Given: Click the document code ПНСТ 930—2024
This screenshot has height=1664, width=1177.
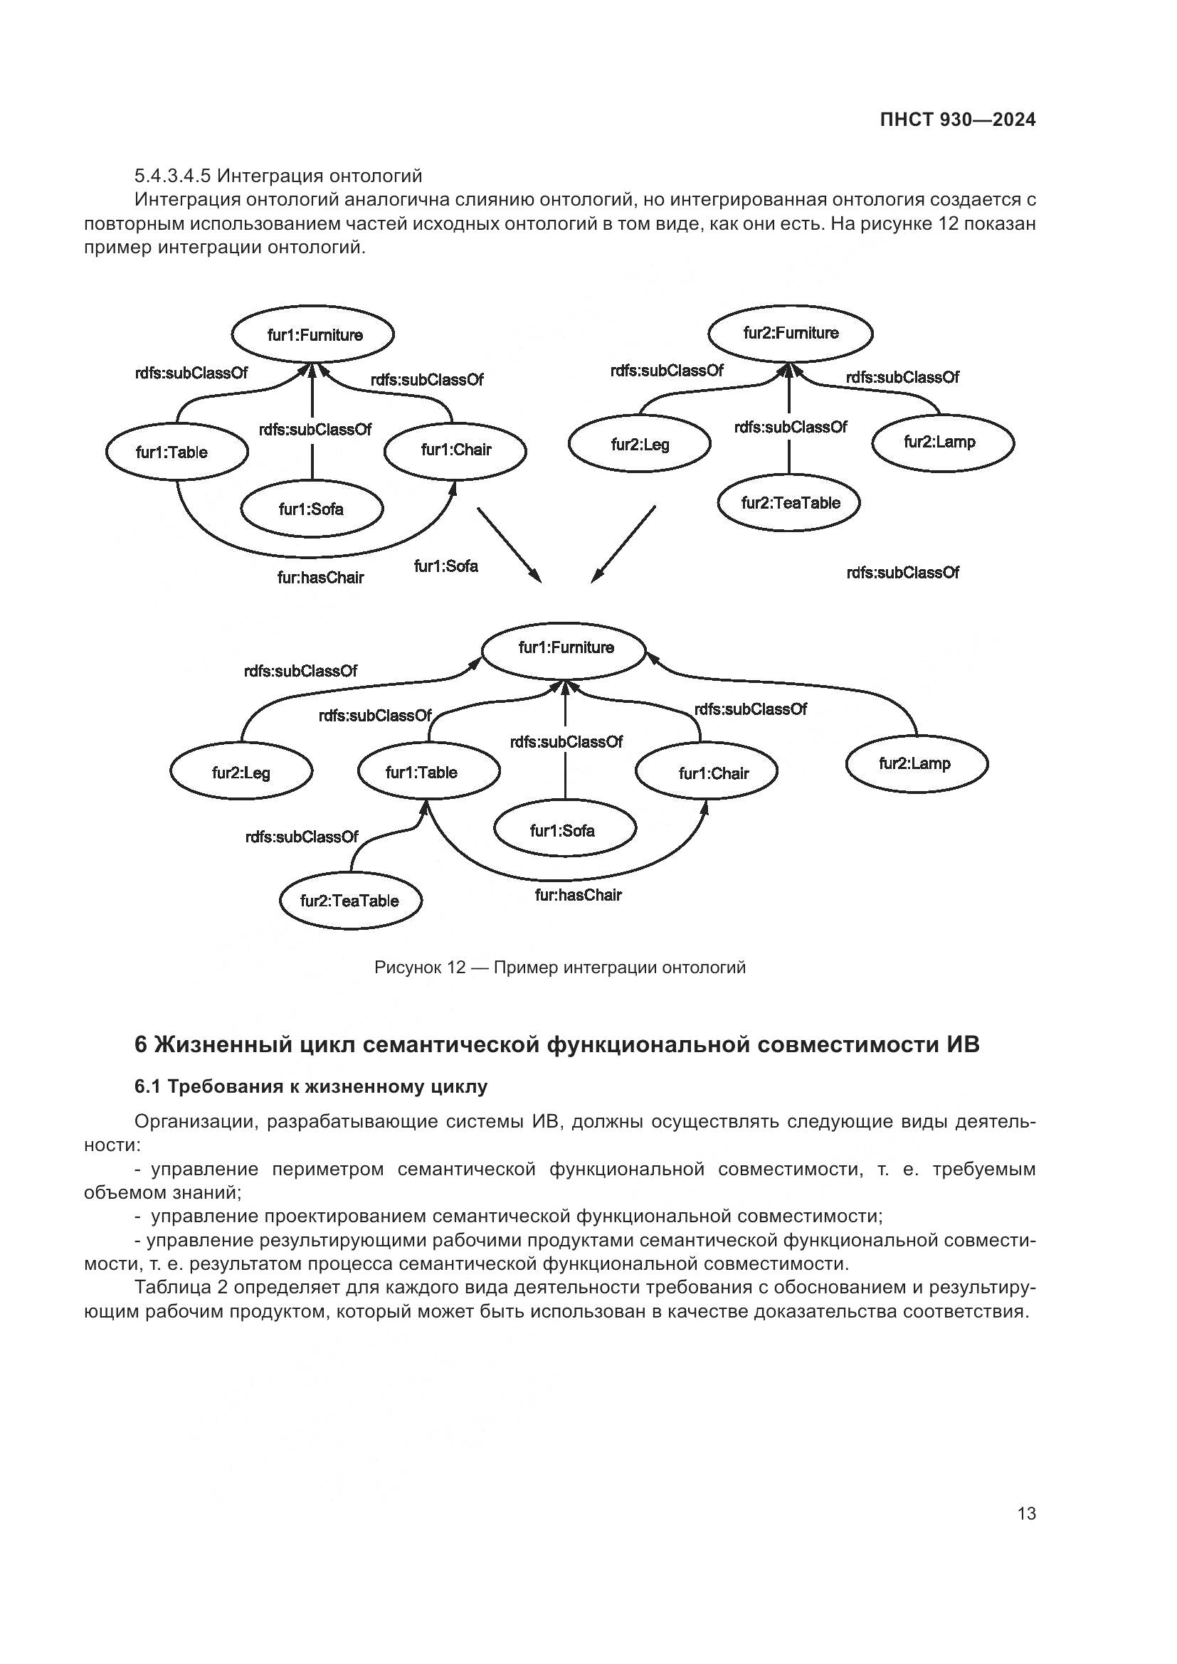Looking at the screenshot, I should coord(957,120).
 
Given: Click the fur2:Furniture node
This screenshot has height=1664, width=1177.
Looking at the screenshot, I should coord(790,334).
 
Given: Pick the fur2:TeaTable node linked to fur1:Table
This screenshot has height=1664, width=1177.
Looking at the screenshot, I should coord(350,901).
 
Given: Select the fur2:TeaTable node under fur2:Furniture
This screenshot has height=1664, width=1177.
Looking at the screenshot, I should coord(790,503).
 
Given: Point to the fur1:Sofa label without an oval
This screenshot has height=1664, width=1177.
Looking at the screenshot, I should coord(445,566).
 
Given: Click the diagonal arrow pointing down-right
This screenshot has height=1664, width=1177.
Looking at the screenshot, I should coord(509,544).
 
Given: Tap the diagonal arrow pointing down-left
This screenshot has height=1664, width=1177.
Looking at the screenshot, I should coord(623,544).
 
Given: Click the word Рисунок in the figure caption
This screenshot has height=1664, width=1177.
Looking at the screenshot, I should coord(408,968).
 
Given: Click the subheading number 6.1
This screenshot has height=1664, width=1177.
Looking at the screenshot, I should coord(148,1086).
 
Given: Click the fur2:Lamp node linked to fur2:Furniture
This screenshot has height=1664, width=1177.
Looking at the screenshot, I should coord(941,442).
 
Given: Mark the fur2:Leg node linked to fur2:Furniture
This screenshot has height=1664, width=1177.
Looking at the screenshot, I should coord(640,444).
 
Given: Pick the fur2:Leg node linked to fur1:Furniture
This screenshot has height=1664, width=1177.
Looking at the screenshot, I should coord(241,773).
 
